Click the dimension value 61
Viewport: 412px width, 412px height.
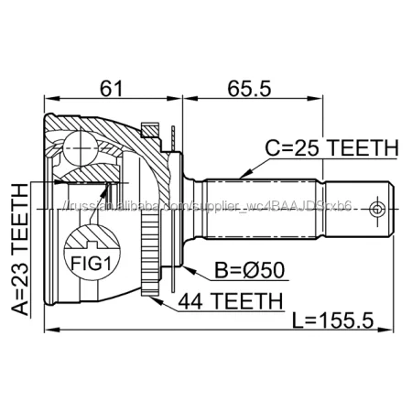click(x=111, y=89)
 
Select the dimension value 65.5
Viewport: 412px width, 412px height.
click(x=250, y=89)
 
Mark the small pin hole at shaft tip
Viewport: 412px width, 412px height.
click(x=375, y=210)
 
